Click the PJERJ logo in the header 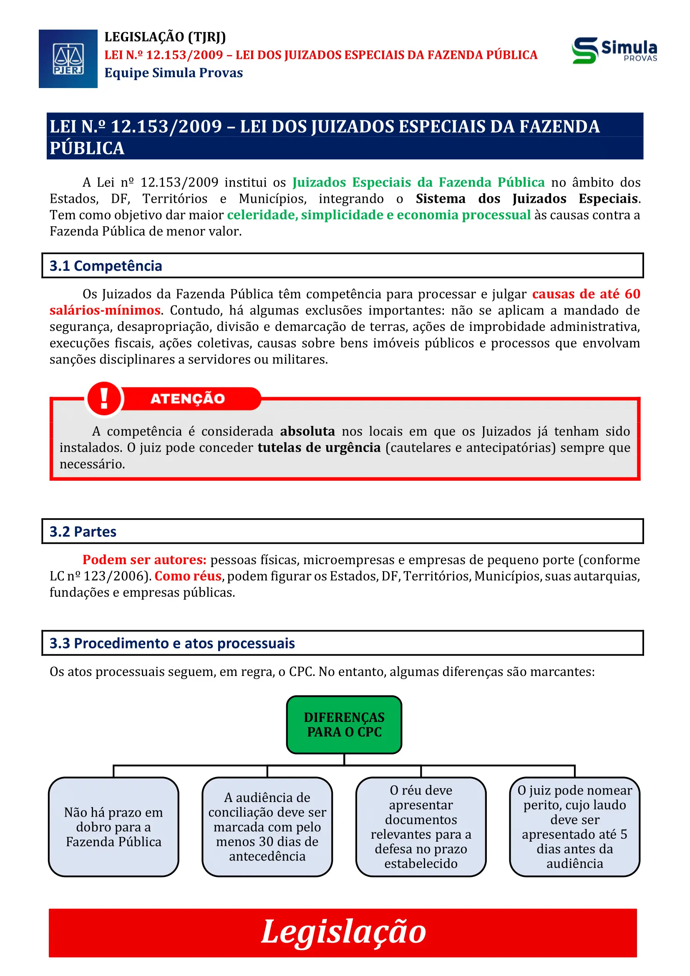[x=68, y=59]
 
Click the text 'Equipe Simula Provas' [x=174, y=73]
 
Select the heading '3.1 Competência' [x=106, y=266]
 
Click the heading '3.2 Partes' [x=83, y=531]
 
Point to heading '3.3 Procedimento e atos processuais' [x=172, y=643]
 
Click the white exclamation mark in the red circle [x=104, y=399]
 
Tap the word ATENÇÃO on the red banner [x=187, y=399]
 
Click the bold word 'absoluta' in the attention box [x=307, y=431]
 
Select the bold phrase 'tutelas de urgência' [x=319, y=447]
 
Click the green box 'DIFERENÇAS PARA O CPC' [x=344, y=724]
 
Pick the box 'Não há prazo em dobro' [x=113, y=827]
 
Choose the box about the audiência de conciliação [x=267, y=827]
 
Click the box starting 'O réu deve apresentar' [x=421, y=827]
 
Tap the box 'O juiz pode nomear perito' [x=574, y=827]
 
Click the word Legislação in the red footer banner [x=343, y=931]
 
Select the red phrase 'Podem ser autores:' [x=144, y=560]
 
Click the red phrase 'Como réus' [x=188, y=575]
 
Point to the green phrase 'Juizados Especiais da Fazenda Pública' [x=418, y=182]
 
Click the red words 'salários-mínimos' [x=105, y=310]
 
